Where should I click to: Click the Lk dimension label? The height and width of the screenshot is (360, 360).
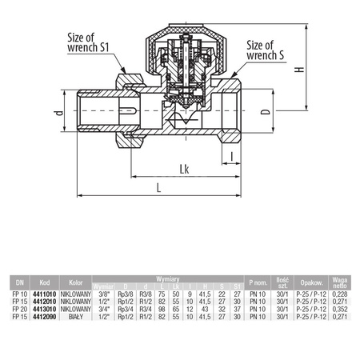[x=185, y=168]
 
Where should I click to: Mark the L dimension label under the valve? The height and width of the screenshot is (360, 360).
[x=158, y=188]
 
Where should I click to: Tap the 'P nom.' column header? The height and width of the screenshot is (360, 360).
[x=258, y=282]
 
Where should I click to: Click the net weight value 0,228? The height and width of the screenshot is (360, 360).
[x=338, y=294]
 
